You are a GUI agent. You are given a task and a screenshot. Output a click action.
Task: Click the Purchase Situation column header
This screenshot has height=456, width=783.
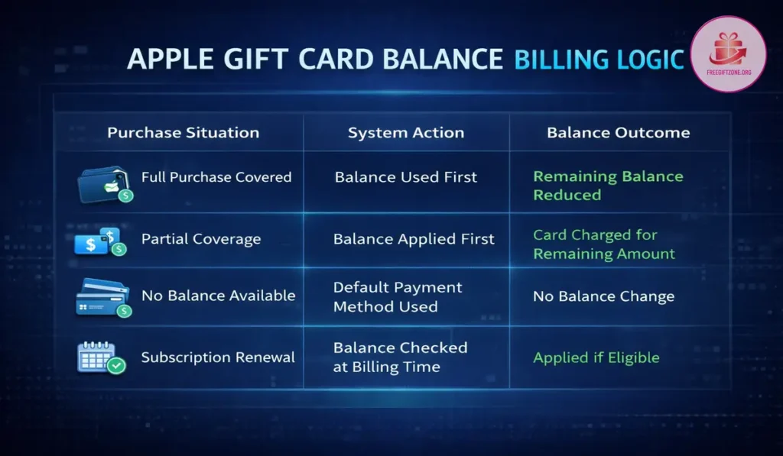(183, 133)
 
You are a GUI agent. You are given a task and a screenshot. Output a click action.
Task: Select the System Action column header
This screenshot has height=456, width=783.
(405, 133)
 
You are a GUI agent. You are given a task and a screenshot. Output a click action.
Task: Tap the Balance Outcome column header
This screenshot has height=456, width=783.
(618, 133)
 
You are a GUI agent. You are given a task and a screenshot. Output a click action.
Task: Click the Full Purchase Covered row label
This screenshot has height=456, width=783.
(216, 177)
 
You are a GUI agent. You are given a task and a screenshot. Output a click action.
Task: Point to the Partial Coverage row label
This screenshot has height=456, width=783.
(201, 239)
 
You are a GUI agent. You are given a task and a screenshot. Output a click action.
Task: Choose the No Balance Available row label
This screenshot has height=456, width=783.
(218, 296)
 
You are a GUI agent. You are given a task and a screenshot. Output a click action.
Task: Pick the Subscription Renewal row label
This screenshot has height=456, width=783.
(218, 357)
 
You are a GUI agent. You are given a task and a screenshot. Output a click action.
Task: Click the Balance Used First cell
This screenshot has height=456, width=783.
(405, 177)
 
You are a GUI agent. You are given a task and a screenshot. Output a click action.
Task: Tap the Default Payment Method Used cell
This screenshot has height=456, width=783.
(398, 297)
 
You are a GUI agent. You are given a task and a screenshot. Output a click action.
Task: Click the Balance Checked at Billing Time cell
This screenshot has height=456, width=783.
(400, 357)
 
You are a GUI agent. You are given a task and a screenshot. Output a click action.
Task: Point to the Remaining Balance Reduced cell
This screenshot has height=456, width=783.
(607, 186)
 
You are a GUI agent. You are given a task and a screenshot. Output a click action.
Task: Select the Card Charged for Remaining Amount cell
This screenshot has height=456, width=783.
(603, 244)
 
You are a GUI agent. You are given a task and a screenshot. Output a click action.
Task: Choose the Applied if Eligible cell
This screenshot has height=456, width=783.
(596, 357)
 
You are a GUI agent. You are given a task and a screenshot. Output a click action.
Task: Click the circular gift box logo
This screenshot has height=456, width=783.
(727, 54)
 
